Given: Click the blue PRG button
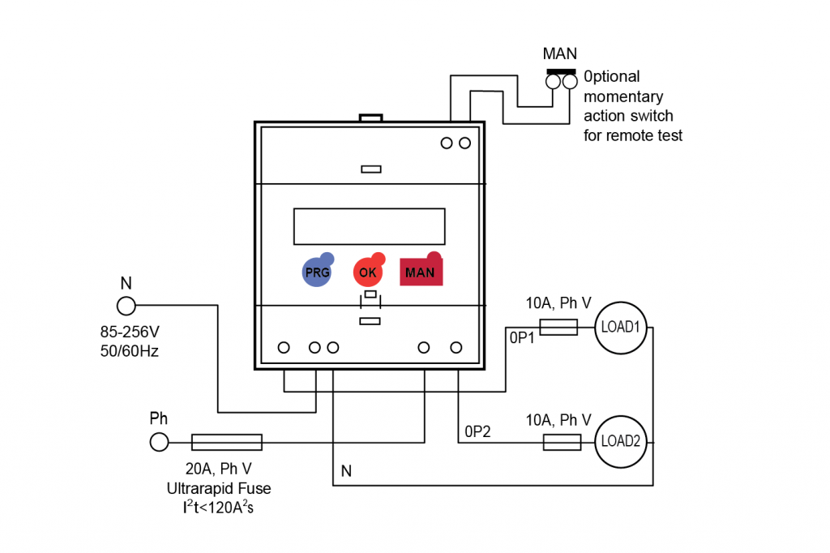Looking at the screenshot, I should point(317,272).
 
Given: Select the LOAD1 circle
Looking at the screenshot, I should point(619,328).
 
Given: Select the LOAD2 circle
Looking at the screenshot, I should point(619,442).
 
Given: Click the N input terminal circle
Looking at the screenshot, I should point(126,306).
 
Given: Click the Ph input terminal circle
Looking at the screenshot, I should point(159,442).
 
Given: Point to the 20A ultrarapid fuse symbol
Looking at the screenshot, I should point(226,442).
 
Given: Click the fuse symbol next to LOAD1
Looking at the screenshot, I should point(558,328).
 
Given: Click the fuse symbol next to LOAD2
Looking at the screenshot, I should point(561,442).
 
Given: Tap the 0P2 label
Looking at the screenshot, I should point(478,430).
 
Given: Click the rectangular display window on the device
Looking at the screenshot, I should point(369,226).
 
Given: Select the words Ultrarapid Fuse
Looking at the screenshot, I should point(219,488).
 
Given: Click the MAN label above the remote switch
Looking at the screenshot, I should point(559,54).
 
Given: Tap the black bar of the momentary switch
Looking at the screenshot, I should point(561,71).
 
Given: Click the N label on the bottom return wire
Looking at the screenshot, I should point(346,471).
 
